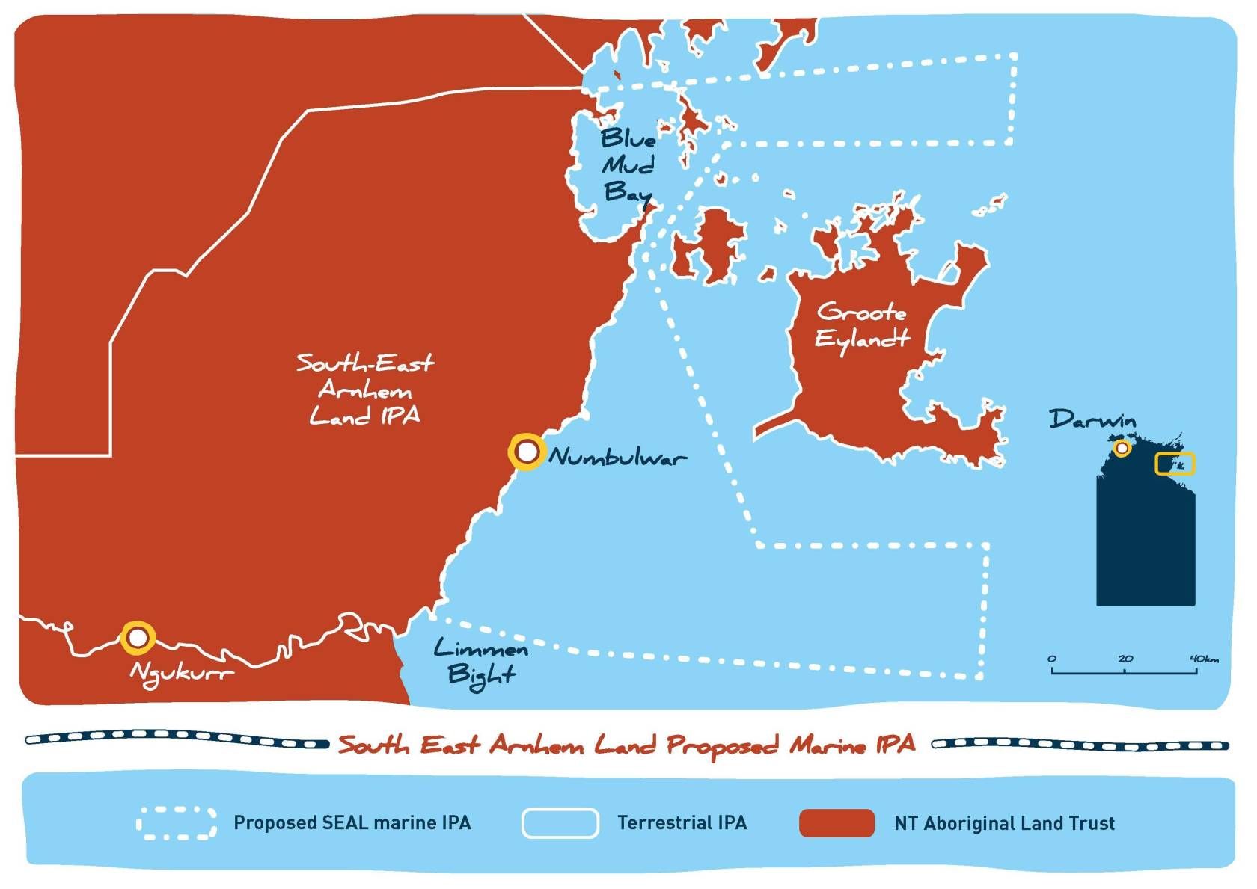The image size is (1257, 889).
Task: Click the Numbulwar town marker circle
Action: [x=527, y=452]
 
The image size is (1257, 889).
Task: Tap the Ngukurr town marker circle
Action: [x=138, y=638]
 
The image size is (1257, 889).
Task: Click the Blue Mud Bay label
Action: [x=627, y=165]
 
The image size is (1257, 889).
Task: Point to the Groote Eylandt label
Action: [x=862, y=325]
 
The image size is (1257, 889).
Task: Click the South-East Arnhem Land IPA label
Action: [x=365, y=390]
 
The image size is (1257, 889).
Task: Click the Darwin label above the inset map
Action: [x=1092, y=419]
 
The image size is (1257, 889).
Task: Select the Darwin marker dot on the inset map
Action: [x=1122, y=448]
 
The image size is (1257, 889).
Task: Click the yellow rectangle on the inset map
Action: [x=1175, y=464]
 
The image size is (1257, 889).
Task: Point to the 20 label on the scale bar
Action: [x=1125, y=659]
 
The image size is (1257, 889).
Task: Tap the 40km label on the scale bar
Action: [x=1204, y=659]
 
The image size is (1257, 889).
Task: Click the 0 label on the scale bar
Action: [x=1052, y=659]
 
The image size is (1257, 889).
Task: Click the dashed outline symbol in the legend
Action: [x=177, y=823]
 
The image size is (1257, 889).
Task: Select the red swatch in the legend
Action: [x=837, y=823]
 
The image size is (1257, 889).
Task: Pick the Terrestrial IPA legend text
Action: [x=682, y=823]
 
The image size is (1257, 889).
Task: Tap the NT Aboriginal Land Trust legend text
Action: [x=1004, y=823]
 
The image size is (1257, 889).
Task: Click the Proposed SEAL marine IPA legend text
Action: [x=352, y=823]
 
